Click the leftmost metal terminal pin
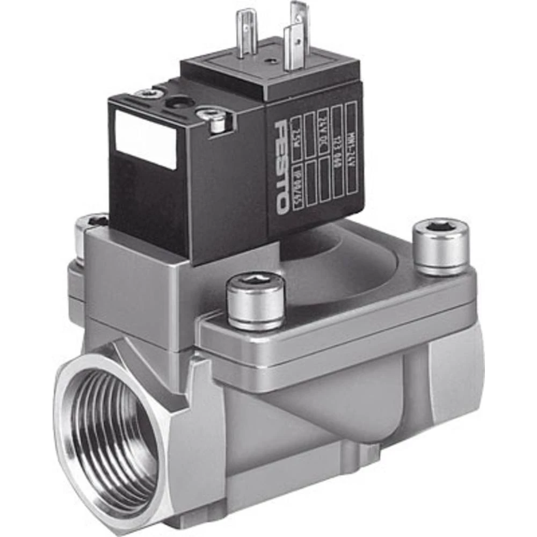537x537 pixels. coord(247,32)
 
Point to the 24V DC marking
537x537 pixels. coord(323,132)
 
